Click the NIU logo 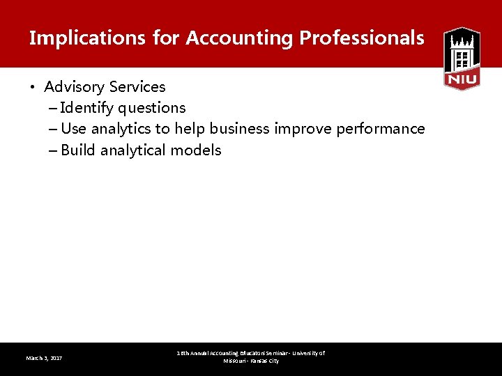462,58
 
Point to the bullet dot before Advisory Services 33,88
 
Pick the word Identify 87,108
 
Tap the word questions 152,109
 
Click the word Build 78,150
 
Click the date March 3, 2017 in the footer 44,358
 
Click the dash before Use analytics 54,130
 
